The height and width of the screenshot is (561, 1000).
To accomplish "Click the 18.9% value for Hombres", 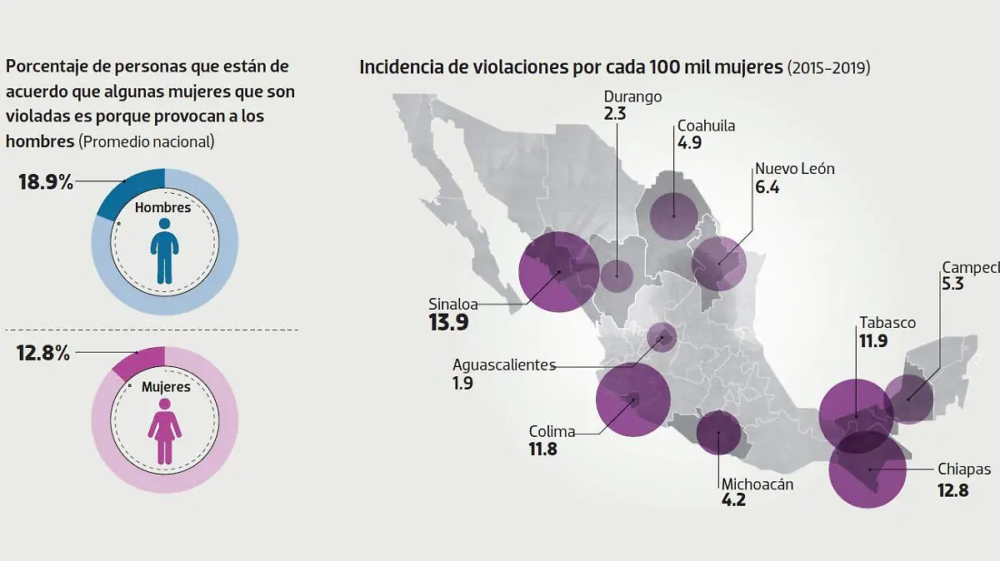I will pos(46,182).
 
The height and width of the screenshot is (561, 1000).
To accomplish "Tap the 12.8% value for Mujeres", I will pos(42,353).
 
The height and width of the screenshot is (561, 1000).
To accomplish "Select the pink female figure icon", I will pos(164,430).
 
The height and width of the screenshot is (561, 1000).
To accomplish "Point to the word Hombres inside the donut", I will pos(163,208).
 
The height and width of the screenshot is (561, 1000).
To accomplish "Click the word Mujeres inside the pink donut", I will pos(165,387).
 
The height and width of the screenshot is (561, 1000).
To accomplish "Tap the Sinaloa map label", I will pos(453,304).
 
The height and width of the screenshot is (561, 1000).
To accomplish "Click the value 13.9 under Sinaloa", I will pos(448,323).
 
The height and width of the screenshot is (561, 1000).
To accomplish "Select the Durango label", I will pos(632,97).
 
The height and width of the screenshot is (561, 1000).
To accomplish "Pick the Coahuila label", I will pos(706,126).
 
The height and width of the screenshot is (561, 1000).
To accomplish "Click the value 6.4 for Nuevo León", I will pos(767,187).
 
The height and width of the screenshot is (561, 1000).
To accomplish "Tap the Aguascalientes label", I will pos(503,365).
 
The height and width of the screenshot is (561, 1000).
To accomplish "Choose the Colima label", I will pos(552,431).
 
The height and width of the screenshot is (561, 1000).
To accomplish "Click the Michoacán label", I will pos(757,484).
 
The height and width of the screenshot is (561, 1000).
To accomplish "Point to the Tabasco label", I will pos(887,323).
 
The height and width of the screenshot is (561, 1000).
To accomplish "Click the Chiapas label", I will pos(964,469).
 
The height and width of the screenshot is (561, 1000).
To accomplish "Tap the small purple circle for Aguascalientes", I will pos(662,337).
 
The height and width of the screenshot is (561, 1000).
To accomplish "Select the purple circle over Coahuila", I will pos(672,214).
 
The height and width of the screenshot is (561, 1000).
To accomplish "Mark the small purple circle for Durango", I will pos(617,275).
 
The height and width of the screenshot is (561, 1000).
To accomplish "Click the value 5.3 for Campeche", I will pos(952,284).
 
